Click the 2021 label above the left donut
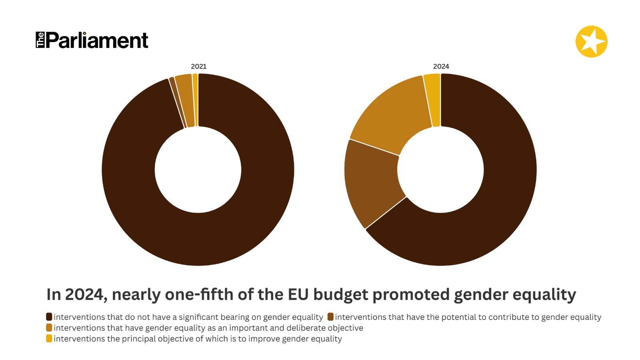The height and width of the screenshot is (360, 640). pos(198,66)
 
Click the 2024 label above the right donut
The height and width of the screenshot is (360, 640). pos(441,66)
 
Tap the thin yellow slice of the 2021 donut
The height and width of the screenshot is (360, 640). pos(195,100)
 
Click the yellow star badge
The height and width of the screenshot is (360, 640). pos(591,42)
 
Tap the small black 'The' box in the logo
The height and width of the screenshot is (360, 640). pos(40,40)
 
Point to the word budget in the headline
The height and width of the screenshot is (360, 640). pos(340,295)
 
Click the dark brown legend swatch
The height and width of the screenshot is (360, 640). pos(49,317)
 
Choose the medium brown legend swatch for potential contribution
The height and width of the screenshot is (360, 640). pos(330,317)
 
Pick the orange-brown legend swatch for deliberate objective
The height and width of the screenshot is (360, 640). pos(49,328)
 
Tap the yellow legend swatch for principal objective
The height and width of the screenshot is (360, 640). pos(49,338)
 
